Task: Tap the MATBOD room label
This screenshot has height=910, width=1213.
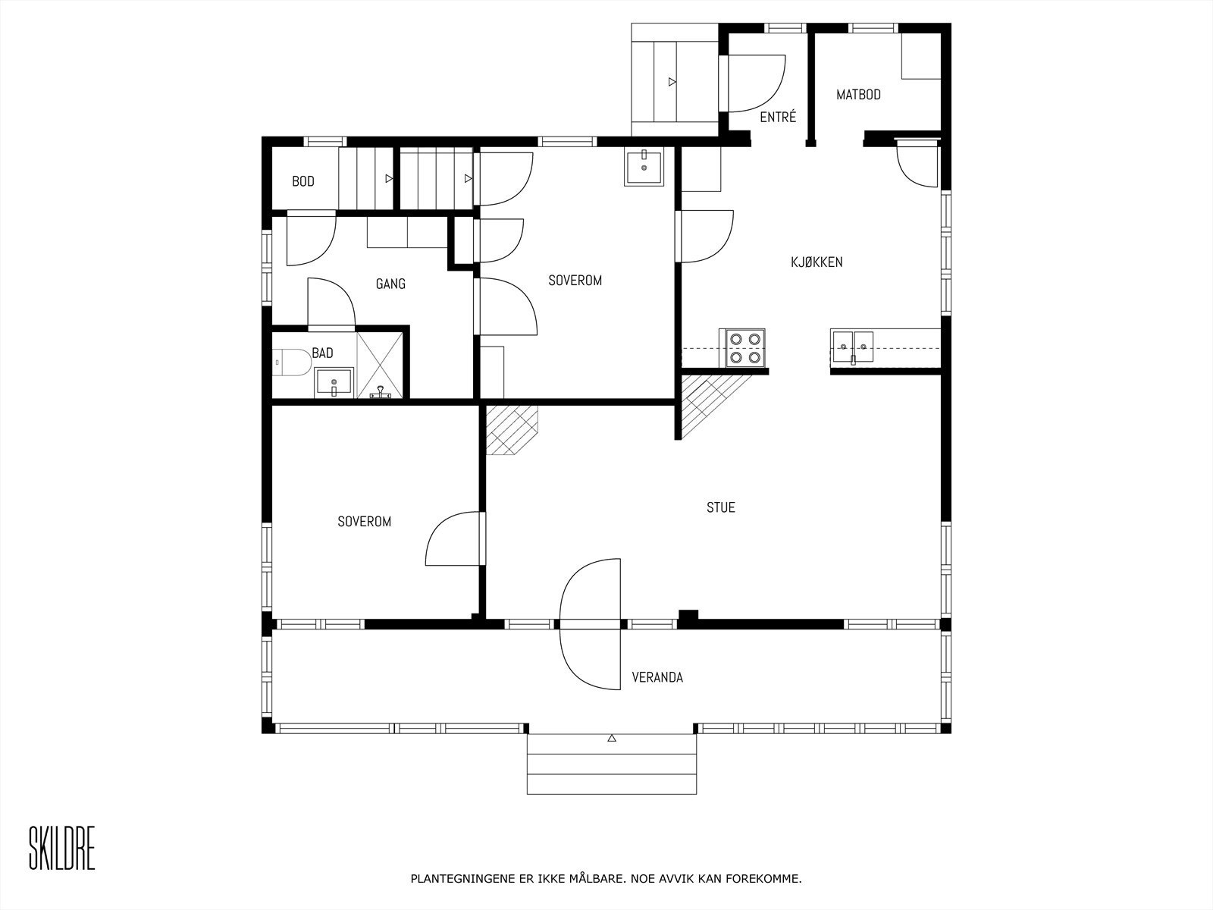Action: (x=858, y=95)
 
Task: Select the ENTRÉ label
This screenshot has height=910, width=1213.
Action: (x=778, y=117)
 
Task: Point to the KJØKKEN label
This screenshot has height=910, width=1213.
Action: (x=817, y=262)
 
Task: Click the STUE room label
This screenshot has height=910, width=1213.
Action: (x=721, y=507)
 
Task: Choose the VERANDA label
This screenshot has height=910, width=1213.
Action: (x=657, y=677)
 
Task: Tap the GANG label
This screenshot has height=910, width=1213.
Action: (x=390, y=284)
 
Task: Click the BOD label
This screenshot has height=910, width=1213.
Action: (x=302, y=181)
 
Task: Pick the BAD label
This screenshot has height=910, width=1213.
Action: (x=323, y=353)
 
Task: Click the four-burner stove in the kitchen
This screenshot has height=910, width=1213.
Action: (x=742, y=348)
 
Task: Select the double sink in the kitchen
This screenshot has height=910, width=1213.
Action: (x=853, y=347)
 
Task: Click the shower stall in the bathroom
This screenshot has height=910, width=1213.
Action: (x=380, y=366)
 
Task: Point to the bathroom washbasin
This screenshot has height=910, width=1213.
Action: (x=334, y=382)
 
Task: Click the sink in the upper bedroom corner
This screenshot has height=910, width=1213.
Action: (x=644, y=166)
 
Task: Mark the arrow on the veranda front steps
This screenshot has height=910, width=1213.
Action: (x=612, y=738)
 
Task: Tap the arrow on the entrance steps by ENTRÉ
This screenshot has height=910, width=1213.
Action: (x=672, y=82)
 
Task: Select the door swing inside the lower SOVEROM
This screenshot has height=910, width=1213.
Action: (x=452, y=538)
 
